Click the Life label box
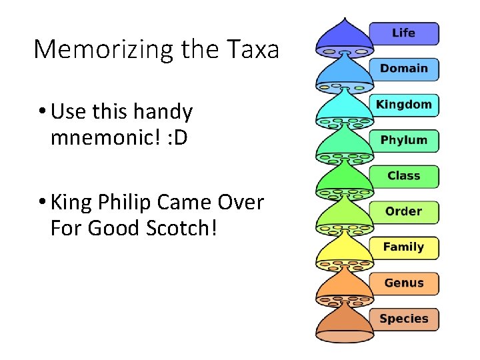coord(404,33)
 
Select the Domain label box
coord(404,69)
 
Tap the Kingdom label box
coord(404,105)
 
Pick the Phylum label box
coord(404,140)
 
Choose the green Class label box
coord(404,176)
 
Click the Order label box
coord(404,212)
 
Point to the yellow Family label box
coord(404,247)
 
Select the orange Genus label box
coord(404,283)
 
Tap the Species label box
coord(404,319)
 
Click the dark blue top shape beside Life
coord(344,37)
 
